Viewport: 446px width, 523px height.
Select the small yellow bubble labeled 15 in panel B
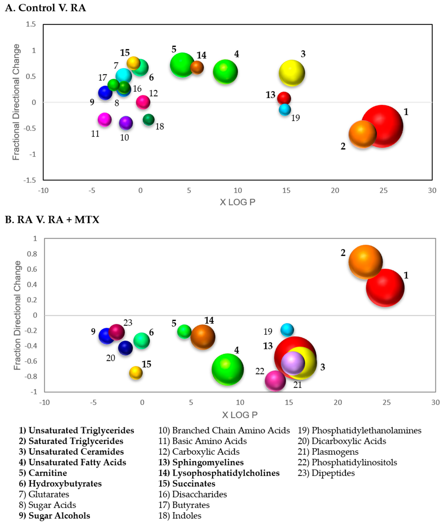tap(136, 373)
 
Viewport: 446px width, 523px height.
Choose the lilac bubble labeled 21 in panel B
tap(293, 363)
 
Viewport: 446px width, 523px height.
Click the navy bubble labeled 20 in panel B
tap(125, 348)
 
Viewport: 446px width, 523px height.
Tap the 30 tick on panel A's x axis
tap(432, 190)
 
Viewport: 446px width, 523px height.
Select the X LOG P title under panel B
tap(240, 415)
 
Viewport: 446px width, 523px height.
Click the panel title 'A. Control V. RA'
tap(45, 8)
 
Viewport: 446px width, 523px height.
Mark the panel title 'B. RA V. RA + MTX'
tap(52, 220)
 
